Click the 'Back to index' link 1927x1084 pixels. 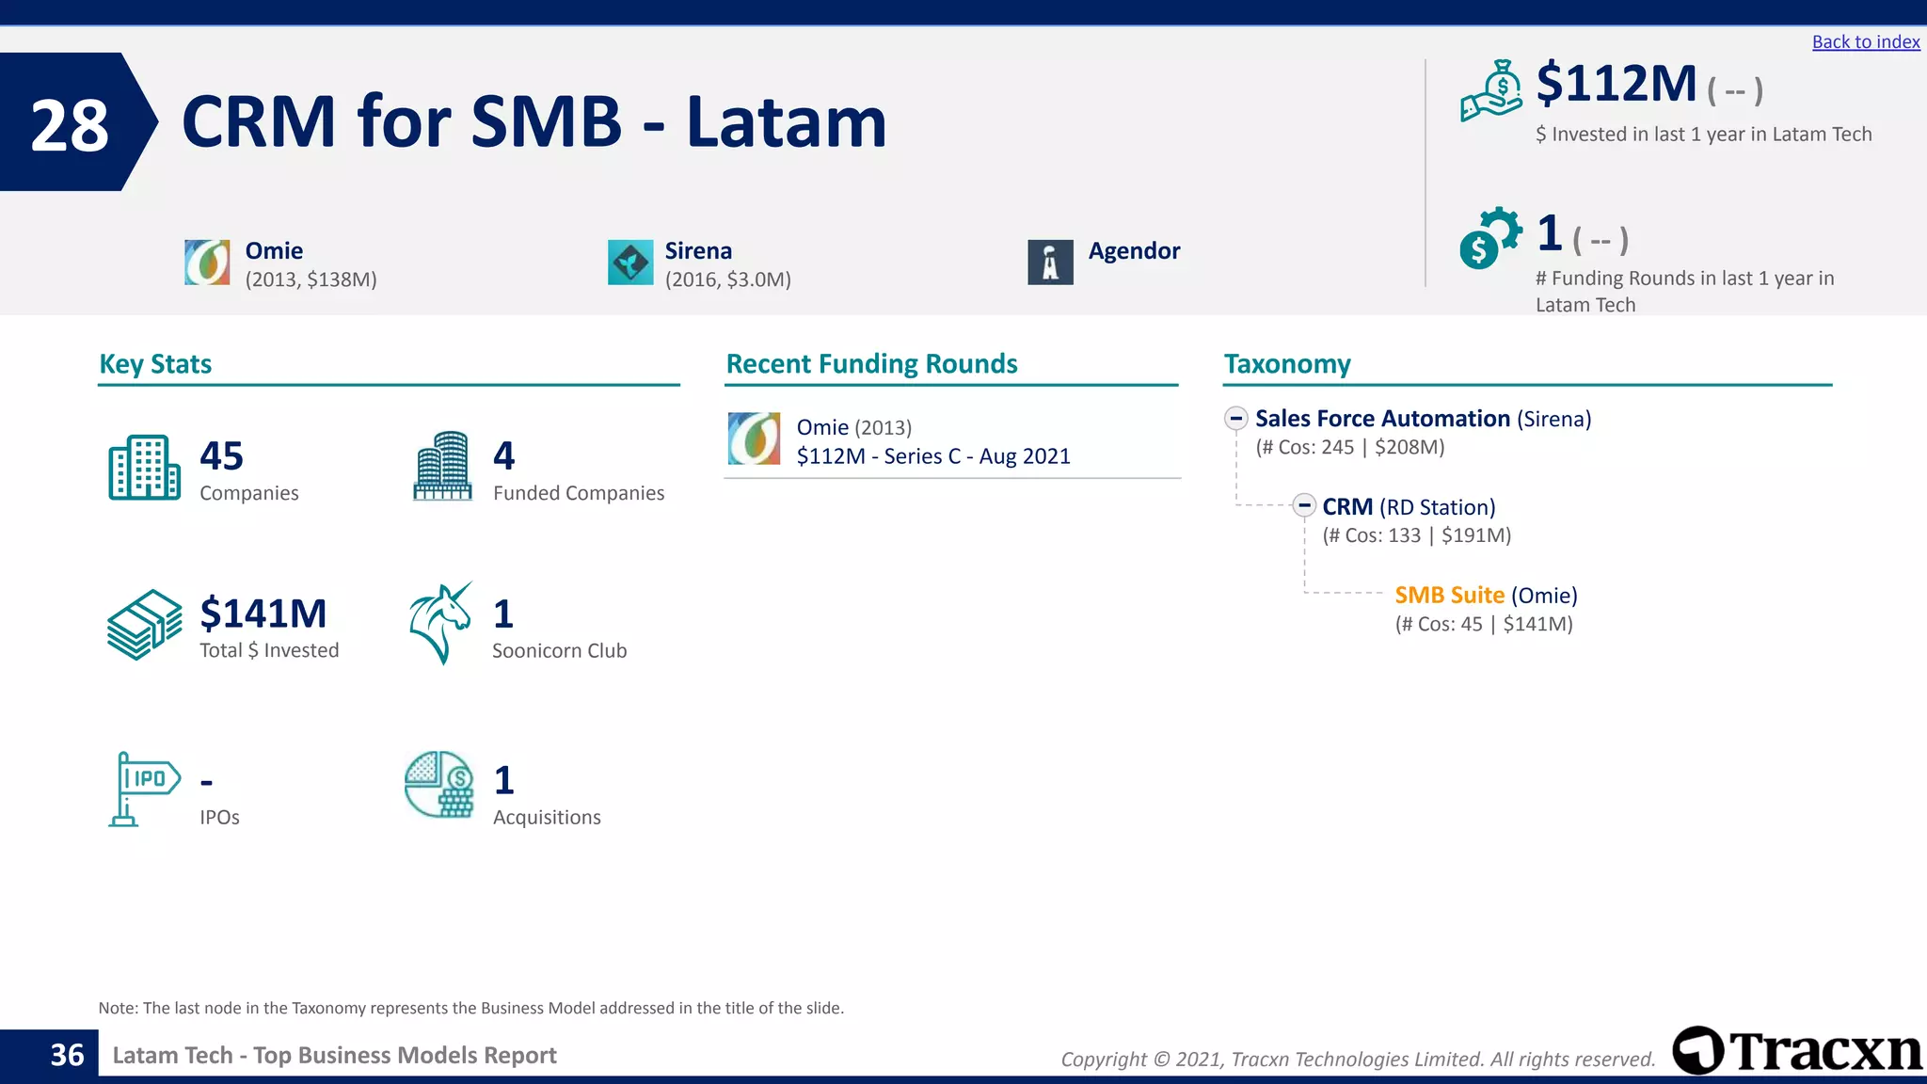pos(1865,42)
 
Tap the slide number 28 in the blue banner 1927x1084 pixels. pos(70,125)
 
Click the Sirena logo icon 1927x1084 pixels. pos(630,263)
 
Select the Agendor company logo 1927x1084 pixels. pos(1050,263)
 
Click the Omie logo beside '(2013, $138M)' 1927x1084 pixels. pos(207,263)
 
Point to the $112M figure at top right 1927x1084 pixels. pos(1616,84)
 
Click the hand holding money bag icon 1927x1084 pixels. pos(1491,91)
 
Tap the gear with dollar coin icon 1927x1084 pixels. pos(1489,238)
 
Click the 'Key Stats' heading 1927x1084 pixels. pos(155,364)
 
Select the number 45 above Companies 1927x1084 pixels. pos(222,456)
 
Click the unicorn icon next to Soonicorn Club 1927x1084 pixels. pos(440,623)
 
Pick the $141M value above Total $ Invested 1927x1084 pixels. pos(263,614)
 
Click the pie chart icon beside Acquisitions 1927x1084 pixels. pos(438,784)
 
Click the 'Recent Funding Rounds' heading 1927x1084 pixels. pos(871,364)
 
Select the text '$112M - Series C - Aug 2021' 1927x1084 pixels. pos(933,456)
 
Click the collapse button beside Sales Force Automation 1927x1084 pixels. pos(1236,419)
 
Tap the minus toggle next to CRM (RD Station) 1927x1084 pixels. pos(1304,506)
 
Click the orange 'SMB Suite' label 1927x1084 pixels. pos(1449,596)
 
